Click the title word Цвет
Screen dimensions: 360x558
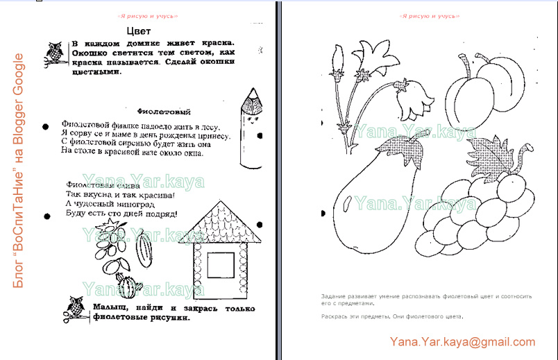click(x=139, y=31)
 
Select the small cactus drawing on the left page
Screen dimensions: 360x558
click(x=128, y=285)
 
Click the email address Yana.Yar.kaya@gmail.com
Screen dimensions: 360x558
click(x=462, y=341)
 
